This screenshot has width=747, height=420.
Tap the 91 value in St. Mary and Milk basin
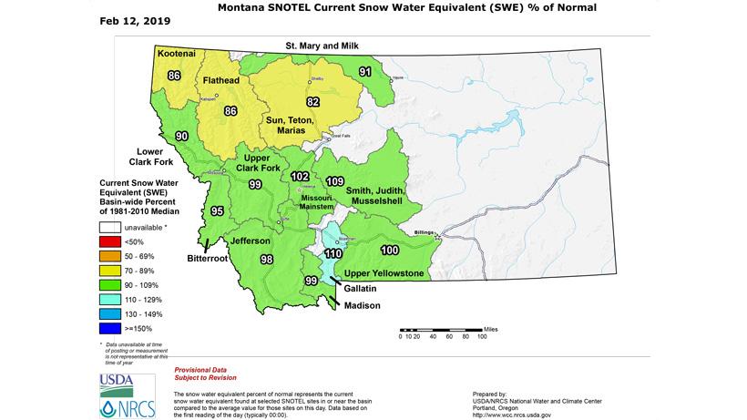pos(364,71)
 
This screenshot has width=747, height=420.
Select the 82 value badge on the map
pos(312,102)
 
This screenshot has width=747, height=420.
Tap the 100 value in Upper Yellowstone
pos(390,250)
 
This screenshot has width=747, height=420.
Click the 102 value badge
pos(300,177)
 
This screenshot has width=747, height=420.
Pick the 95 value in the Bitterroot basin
pos(217,211)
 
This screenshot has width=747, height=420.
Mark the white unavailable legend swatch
pos(112,226)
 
